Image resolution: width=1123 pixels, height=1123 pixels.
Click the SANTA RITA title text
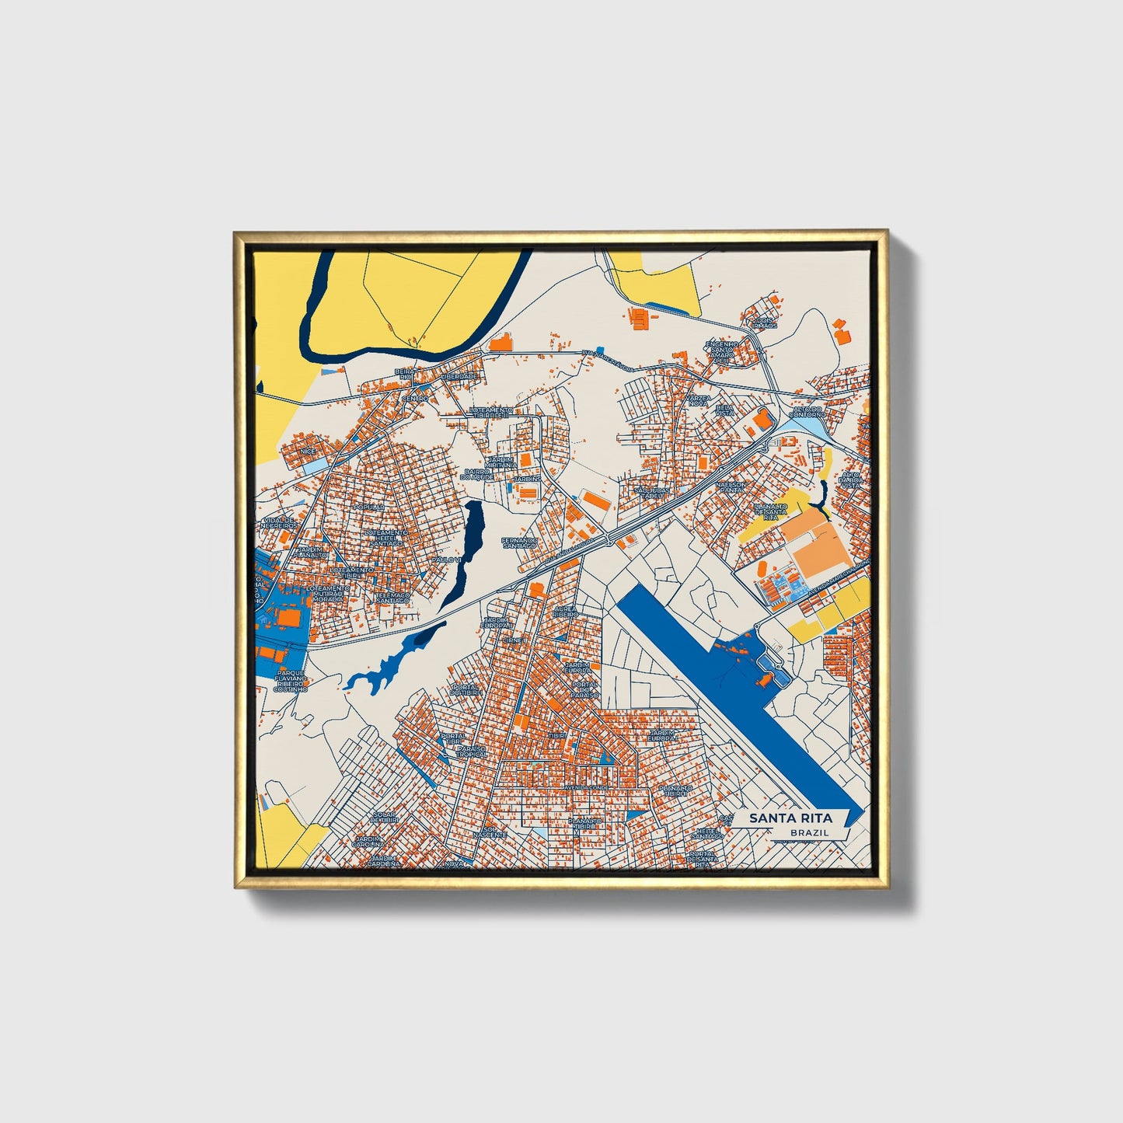tap(790, 818)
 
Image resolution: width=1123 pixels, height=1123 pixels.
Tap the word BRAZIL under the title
tap(808, 832)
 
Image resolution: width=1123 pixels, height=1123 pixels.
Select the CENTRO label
tap(414, 399)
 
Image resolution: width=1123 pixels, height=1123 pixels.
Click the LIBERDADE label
tap(459, 376)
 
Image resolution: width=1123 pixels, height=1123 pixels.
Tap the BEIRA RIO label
tap(403, 375)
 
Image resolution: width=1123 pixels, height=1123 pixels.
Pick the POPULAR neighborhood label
tap(368, 507)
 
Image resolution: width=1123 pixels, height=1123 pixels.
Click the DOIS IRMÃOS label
tap(765, 323)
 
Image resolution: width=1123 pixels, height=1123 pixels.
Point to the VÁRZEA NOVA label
tap(697, 399)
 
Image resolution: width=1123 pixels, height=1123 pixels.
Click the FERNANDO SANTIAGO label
tap(519, 542)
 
